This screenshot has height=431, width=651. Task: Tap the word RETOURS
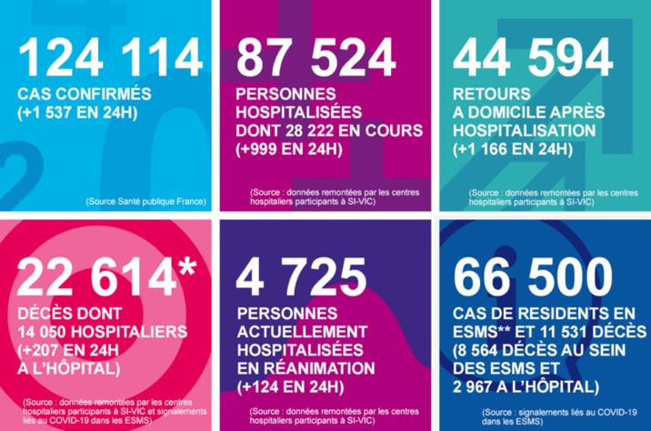point(491,95)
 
